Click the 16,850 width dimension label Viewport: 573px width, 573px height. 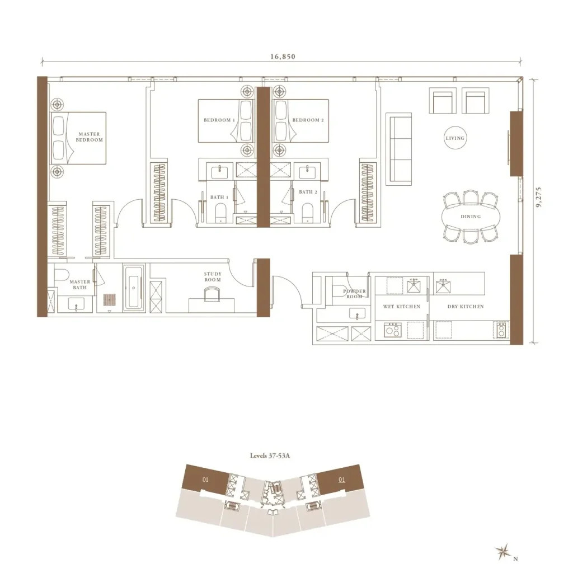[x=283, y=57]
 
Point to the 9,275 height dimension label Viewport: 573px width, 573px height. [x=539, y=198]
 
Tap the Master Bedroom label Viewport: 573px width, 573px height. [x=89, y=137]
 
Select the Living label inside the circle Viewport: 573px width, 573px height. [x=455, y=138]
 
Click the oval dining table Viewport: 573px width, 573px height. [x=471, y=217]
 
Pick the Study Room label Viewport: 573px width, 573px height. [x=213, y=276]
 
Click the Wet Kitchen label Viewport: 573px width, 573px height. [x=402, y=307]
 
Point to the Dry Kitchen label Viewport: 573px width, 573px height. [x=466, y=307]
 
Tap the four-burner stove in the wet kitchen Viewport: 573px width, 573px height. [x=393, y=330]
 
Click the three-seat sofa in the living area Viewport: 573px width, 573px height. [x=398, y=147]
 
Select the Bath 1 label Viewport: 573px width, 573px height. [x=219, y=198]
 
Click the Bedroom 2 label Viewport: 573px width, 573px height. [x=308, y=120]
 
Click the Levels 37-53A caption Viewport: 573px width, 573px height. [x=270, y=455]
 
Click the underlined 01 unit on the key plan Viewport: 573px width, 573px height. [x=342, y=480]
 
